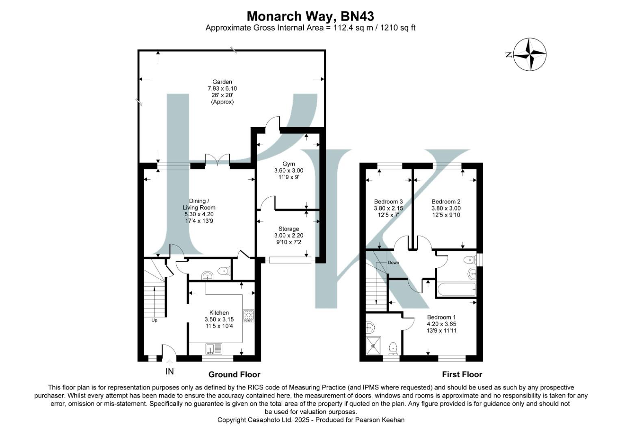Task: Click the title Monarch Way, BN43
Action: pos(310,16)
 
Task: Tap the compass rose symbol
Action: pos(530,54)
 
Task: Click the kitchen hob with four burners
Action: pos(248,316)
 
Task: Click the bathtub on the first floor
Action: pos(456,290)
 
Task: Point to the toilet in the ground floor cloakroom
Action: pos(224,271)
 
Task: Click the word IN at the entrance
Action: pos(169,372)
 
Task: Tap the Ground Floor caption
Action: pos(234,374)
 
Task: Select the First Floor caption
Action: pos(462,374)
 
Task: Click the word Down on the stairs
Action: pos(393,263)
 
